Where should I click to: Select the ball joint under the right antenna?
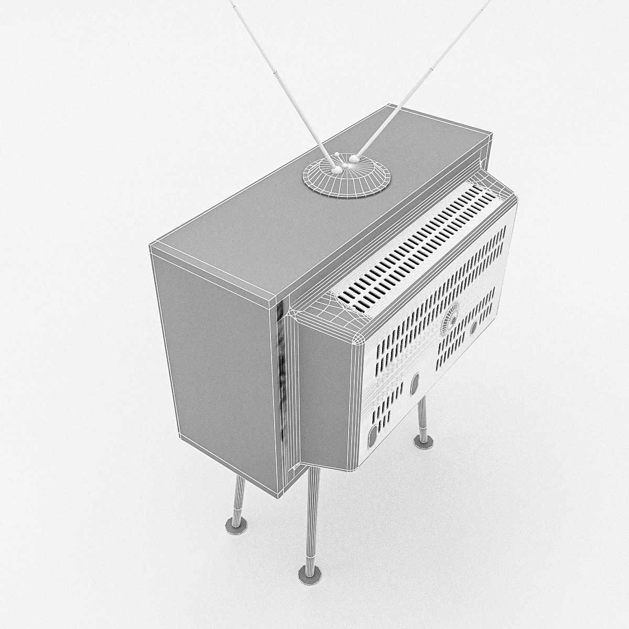(354, 157)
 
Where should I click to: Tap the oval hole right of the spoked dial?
(473, 328)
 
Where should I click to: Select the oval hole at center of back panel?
(415, 384)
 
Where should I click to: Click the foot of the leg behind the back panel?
(420, 441)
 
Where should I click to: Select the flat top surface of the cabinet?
(294, 210)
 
